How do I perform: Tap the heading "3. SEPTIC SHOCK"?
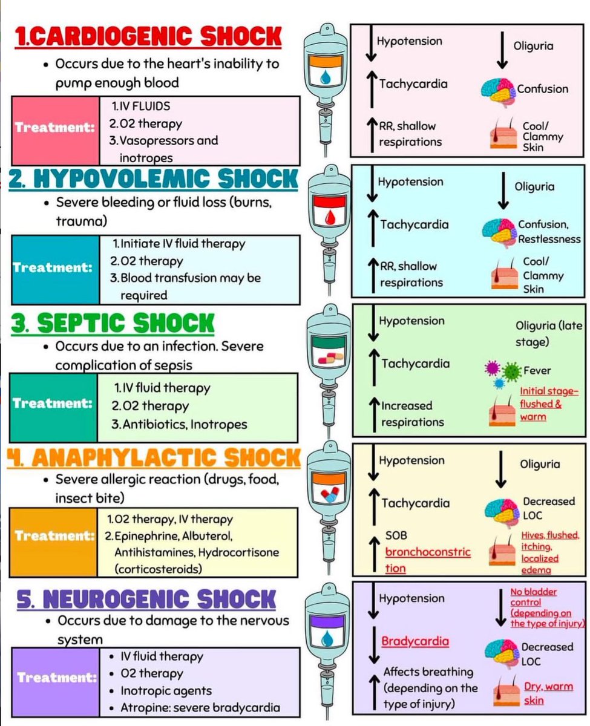[114, 323]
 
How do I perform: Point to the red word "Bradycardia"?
[415, 641]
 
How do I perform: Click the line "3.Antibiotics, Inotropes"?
[179, 425]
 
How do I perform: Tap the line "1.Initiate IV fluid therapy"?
[179, 244]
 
